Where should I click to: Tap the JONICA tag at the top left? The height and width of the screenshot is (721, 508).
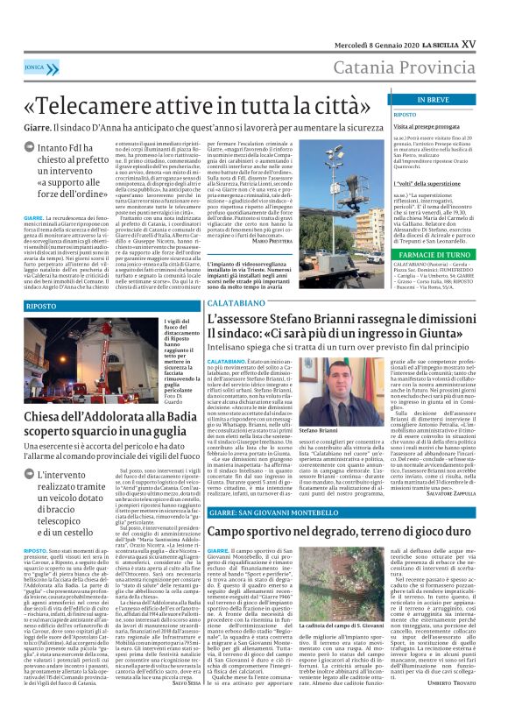click(36, 66)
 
